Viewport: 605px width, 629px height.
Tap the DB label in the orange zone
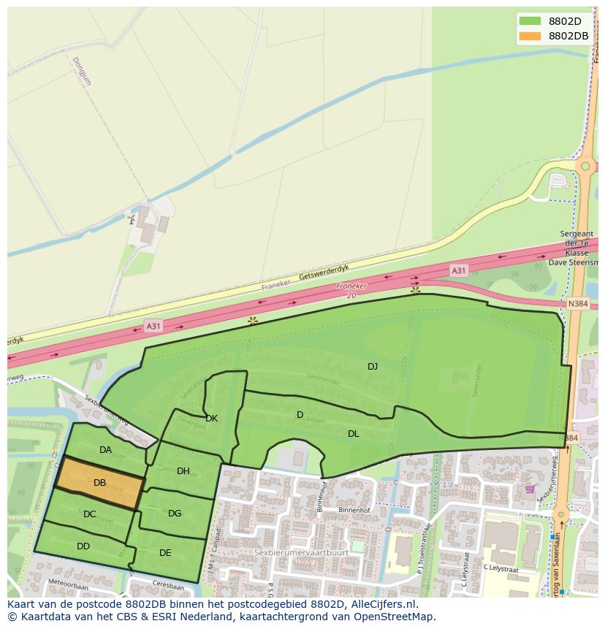(x=99, y=483)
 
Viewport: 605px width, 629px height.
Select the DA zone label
(x=106, y=450)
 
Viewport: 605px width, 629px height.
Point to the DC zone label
(x=89, y=514)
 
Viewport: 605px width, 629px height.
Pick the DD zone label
(x=83, y=546)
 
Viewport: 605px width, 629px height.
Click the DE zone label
(x=165, y=553)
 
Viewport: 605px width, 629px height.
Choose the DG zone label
(x=175, y=514)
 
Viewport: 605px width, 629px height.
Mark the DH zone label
(x=183, y=471)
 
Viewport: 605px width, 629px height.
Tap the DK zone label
(x=211, y=419)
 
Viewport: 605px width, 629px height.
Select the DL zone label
(x=353, y=434)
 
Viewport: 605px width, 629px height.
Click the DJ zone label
(x=373, y=366)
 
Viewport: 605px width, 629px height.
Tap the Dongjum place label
(x=82, y=72)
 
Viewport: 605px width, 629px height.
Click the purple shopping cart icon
(x=530, y=489)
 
